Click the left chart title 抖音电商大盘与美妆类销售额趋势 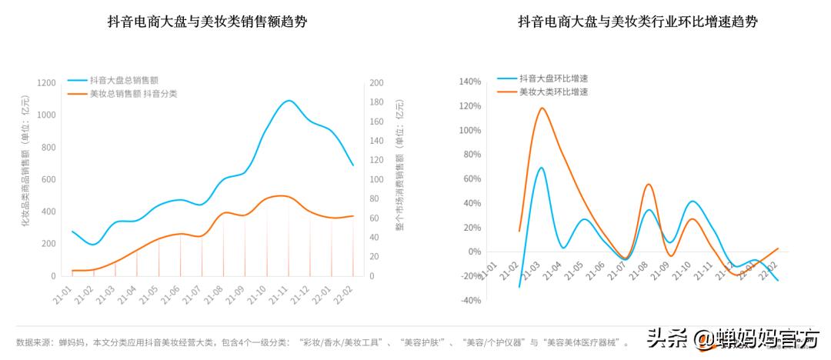click(x=208, y=22)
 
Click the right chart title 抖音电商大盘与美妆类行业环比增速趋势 click(x=638, y=22)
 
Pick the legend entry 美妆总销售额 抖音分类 click(x=133, y=94)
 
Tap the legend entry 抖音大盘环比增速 click(x=553, y=78)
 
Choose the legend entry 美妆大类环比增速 click(x=553, y=92)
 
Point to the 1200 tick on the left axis click(x=46, y=83)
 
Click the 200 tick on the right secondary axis click(x=376, y=83)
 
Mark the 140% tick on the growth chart click(x=469, y=82)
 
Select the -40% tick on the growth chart click(x=469, y=301)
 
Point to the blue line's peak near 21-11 click(x=289, y=101)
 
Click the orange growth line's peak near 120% click(x=542, y=108)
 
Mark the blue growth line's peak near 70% click(x=541, y=168)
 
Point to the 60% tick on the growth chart click(x=469, y=179)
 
